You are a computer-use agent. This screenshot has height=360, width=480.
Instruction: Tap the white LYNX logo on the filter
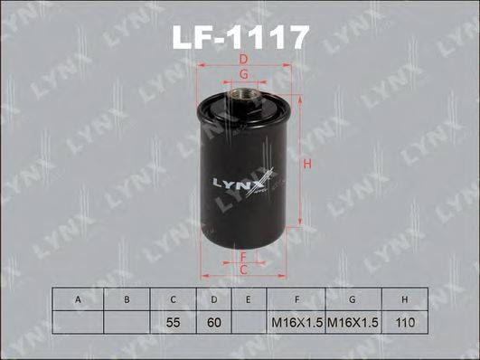click(x=239, y=184)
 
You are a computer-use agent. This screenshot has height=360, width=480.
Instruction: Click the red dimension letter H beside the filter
click(x=306, y=165)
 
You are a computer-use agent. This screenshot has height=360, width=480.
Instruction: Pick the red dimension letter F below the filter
click(x=244, y=256)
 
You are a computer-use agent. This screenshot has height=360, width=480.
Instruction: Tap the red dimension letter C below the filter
click(x=244, y=269)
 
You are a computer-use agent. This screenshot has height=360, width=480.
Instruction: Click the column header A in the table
click(x=79, y=298)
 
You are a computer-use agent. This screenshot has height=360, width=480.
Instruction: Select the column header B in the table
click(x=127, y=298)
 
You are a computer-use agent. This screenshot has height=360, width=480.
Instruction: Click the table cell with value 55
click(x=172, y=322)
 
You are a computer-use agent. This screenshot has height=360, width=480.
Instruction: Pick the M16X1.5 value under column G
click(x=351, y=322)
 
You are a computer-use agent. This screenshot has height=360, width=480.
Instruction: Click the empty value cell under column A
click(x=79, y=322)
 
